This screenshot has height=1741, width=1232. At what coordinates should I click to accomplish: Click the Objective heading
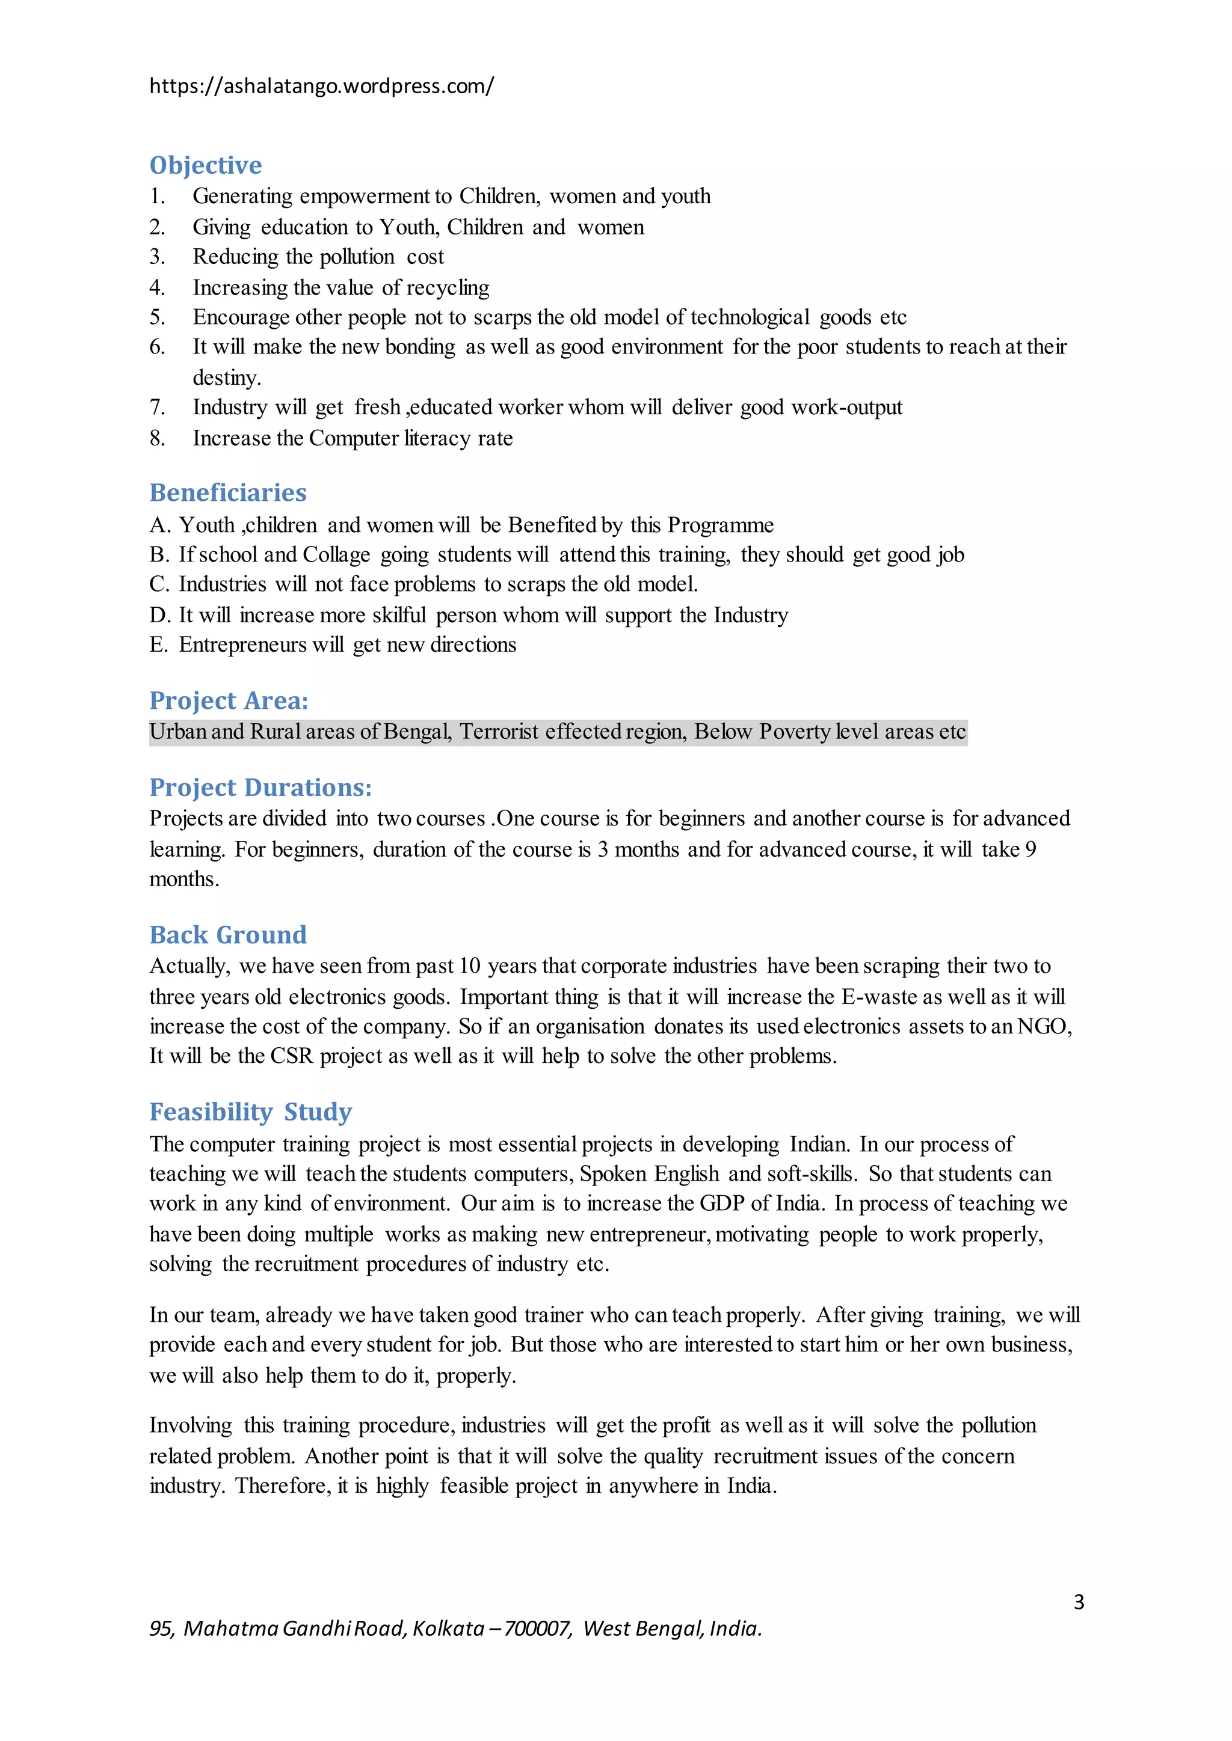206,165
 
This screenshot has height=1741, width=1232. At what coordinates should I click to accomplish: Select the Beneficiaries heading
227,493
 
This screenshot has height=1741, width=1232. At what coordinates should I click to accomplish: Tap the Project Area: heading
229,700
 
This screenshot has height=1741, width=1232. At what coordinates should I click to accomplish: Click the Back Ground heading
227,935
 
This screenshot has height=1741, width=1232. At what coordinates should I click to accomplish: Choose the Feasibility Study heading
250,1112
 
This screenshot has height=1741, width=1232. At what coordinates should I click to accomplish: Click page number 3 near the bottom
1078,1602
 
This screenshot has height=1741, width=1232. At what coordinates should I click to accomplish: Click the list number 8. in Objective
157,438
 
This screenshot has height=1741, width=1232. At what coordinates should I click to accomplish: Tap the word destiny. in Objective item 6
226,378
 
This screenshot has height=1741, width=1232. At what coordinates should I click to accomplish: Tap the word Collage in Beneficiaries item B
336,555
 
